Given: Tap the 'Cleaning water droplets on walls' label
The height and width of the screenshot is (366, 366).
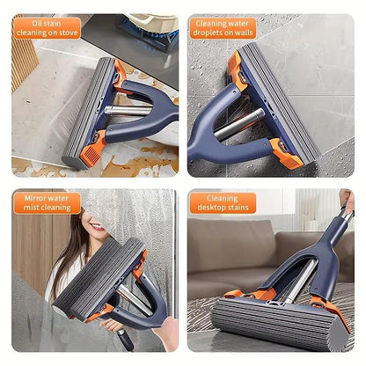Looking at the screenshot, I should click(223, 27).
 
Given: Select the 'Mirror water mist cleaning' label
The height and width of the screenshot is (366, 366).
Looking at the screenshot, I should click(47, 204).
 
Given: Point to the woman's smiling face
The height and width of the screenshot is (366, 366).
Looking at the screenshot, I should click(97, 232).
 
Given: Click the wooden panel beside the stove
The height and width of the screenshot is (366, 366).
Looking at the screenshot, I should click(21, 66).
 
